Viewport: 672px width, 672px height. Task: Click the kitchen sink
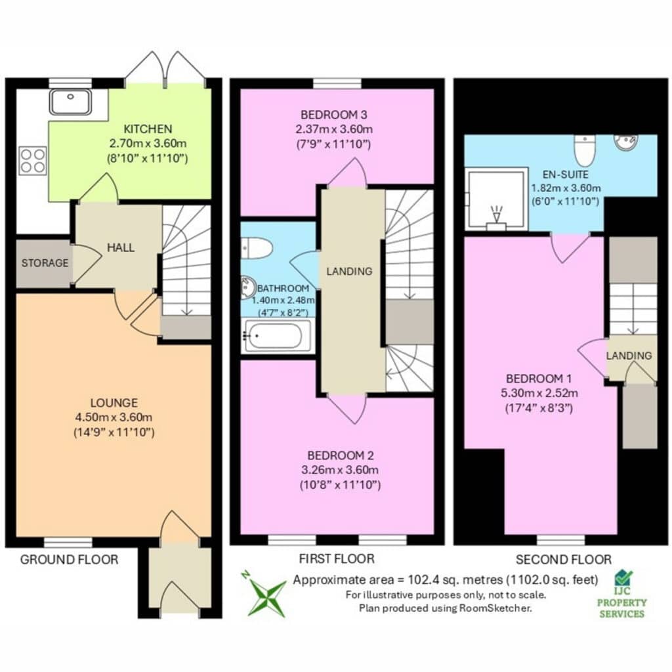[70, 102]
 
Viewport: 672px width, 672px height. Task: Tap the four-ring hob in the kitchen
[33, 161]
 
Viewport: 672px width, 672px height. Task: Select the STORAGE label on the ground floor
[45, 262]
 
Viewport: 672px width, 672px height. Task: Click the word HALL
[121, 247]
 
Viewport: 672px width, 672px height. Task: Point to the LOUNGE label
[114, 403]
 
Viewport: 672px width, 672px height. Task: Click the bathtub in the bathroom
[276, 335]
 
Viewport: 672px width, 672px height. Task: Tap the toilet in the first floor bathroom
[257, 248]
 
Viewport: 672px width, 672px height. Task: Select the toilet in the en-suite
[585, 150]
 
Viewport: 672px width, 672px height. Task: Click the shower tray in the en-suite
[496, 199]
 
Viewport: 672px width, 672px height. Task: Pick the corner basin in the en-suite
[626, 142]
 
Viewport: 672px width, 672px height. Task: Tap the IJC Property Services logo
[622, 594]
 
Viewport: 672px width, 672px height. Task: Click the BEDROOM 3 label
[334, 114]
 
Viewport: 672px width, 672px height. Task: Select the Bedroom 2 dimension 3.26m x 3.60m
[340, 470]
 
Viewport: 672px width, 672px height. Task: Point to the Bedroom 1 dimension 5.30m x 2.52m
[539, 392]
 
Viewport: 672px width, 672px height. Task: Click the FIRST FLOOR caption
[337, 558]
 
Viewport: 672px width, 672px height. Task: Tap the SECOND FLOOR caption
[564, 559]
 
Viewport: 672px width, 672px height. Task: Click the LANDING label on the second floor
[629, 355]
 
